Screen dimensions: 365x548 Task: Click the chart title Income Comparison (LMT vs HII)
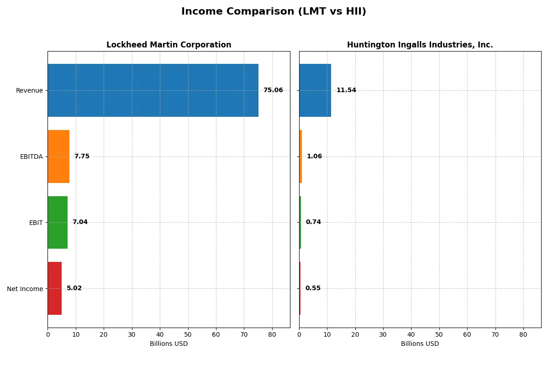pos(274,12)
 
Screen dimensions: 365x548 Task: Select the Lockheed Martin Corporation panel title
pos(169,45)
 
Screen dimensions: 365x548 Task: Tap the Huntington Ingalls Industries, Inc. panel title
pos(420,45)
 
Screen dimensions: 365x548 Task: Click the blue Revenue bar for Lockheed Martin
pos(153,90)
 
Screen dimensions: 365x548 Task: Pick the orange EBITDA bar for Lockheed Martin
pos(58,156)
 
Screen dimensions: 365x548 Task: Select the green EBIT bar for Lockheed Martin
pos(58,222)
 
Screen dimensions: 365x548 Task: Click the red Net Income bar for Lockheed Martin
pos(55,288)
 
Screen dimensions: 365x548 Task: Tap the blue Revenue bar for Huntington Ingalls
pos(315,90)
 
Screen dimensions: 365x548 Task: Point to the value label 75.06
pos(273,90)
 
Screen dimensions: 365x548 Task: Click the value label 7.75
pos(82,156)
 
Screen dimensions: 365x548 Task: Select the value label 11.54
pos(346,90)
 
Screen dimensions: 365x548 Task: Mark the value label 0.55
pos(313,288)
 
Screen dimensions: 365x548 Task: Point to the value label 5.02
pos(74,288)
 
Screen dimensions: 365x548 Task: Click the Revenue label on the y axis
pos(29,90)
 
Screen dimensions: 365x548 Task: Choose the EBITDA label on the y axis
pos(32,156)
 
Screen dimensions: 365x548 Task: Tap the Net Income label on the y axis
pos(25,289)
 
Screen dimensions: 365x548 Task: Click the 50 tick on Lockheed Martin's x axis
pos(188,334)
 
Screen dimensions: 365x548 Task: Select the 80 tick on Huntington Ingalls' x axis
pos(523,334)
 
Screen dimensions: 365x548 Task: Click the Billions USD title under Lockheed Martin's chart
pos(169,344)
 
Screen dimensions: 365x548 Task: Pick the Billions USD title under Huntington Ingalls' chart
pos(420,344)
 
